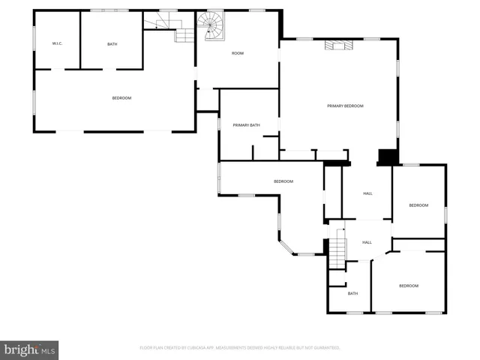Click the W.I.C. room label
tap(57, 44)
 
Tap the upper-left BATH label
tap(112, 44)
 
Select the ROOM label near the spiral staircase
tap(238, 53)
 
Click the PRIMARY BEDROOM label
tap(345, 106)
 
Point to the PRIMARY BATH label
tap(246, 125)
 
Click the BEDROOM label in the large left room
tap(121, 98)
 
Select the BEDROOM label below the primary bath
tap(283, 181)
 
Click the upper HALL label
tap(367, 193)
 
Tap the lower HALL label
tap(367, 242)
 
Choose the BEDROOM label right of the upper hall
tap(418, 205)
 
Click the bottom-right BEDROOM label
tap(408, 286)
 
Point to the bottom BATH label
tap(352, 293)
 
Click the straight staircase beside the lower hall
tap(339, 247)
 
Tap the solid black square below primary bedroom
tap(387, 157)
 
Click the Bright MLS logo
tap(30, 349)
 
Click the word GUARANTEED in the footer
tap(326, 348)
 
